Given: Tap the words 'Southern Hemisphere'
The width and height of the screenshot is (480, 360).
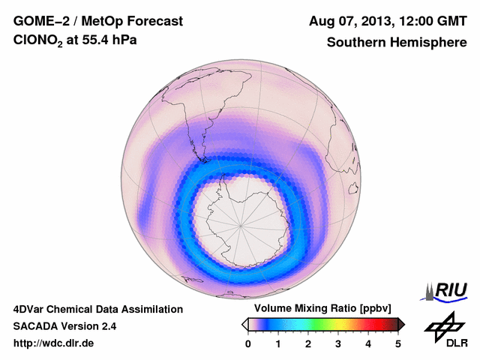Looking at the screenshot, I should click(x=397, y=43).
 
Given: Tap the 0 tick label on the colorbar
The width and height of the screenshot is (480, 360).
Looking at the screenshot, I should click(x=248, y=343).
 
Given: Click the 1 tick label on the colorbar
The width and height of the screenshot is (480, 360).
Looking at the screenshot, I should click(x=278, y=343).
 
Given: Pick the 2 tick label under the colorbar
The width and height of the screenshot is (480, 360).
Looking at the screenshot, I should click(x=308, y=343).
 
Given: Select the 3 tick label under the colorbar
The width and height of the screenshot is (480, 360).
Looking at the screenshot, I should click(x=338, y=343).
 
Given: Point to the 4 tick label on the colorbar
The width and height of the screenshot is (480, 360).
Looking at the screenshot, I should click(x=368, y=343).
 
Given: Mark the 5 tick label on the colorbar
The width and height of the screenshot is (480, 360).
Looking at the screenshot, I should click(x=398, y=343).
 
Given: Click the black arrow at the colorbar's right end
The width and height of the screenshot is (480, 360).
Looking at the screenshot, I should click(x=402, y=324).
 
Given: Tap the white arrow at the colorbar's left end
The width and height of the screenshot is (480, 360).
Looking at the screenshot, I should click(x=244, y=324).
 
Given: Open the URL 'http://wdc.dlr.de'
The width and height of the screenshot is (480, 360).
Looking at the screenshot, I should click(x=54, y=344).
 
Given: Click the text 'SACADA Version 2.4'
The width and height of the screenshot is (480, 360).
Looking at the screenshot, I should click(x=64, y=327).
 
